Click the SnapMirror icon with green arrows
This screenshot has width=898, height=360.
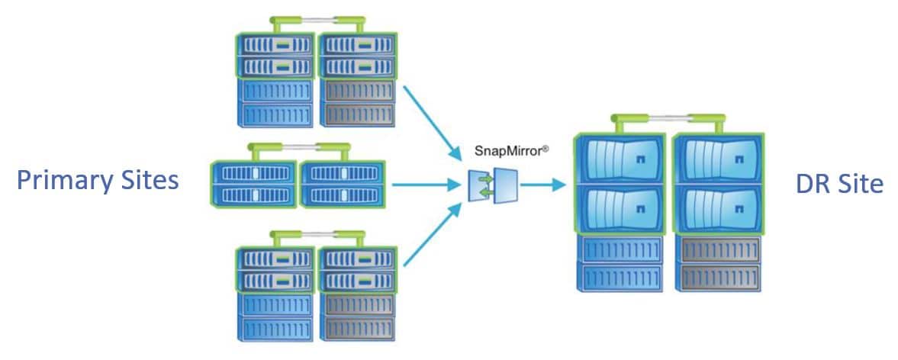493,185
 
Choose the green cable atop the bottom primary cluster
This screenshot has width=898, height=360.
316,233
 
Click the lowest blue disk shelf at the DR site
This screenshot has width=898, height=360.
619,275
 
